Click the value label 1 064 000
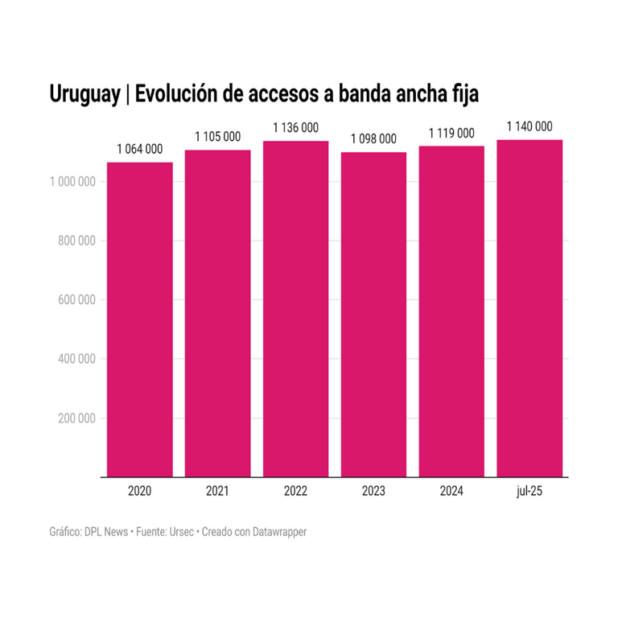(139, 149)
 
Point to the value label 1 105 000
(217, 137)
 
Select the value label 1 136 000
(295, 127)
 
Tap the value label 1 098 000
(373, 138)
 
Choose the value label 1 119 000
(451, 133)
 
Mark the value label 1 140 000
(529, 126)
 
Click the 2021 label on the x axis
(217, 491)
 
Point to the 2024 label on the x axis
(451, 491)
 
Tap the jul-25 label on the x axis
(529, 491)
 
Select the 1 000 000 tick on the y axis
(73, 182)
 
